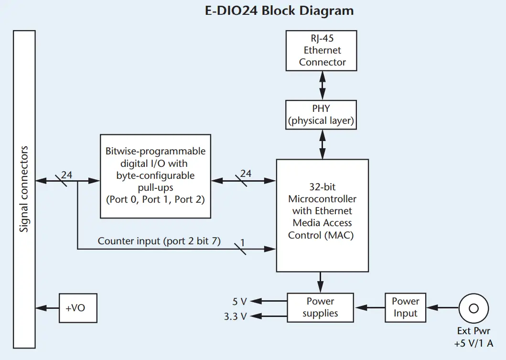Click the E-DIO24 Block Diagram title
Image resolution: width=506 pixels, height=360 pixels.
click(280, 11)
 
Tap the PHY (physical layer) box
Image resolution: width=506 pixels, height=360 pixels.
click(321, 115)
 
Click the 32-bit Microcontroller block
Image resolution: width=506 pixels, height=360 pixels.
click(322, 215)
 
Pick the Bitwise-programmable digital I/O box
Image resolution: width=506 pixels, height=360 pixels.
click(155, 175)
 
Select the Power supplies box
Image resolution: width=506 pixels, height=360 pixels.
click(320, 307)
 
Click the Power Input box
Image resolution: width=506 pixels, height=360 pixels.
click(405, 307)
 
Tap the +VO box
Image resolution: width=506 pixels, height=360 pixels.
click(77, 308)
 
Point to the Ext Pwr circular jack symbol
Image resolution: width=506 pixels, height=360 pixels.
click(473, 308)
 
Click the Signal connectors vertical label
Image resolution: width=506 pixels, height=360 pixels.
click(24, 189)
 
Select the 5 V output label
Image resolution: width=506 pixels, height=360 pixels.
click(239, 302)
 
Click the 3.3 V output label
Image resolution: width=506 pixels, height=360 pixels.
click(236, 316)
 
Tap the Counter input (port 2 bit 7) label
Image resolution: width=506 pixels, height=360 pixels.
click(159, 241)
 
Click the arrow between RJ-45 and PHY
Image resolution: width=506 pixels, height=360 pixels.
click(323, 86)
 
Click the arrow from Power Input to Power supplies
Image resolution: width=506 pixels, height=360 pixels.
click(369, 308)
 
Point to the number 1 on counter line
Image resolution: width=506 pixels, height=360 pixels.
click(242, 243)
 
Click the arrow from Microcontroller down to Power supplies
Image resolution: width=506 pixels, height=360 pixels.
click(321, 282)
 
